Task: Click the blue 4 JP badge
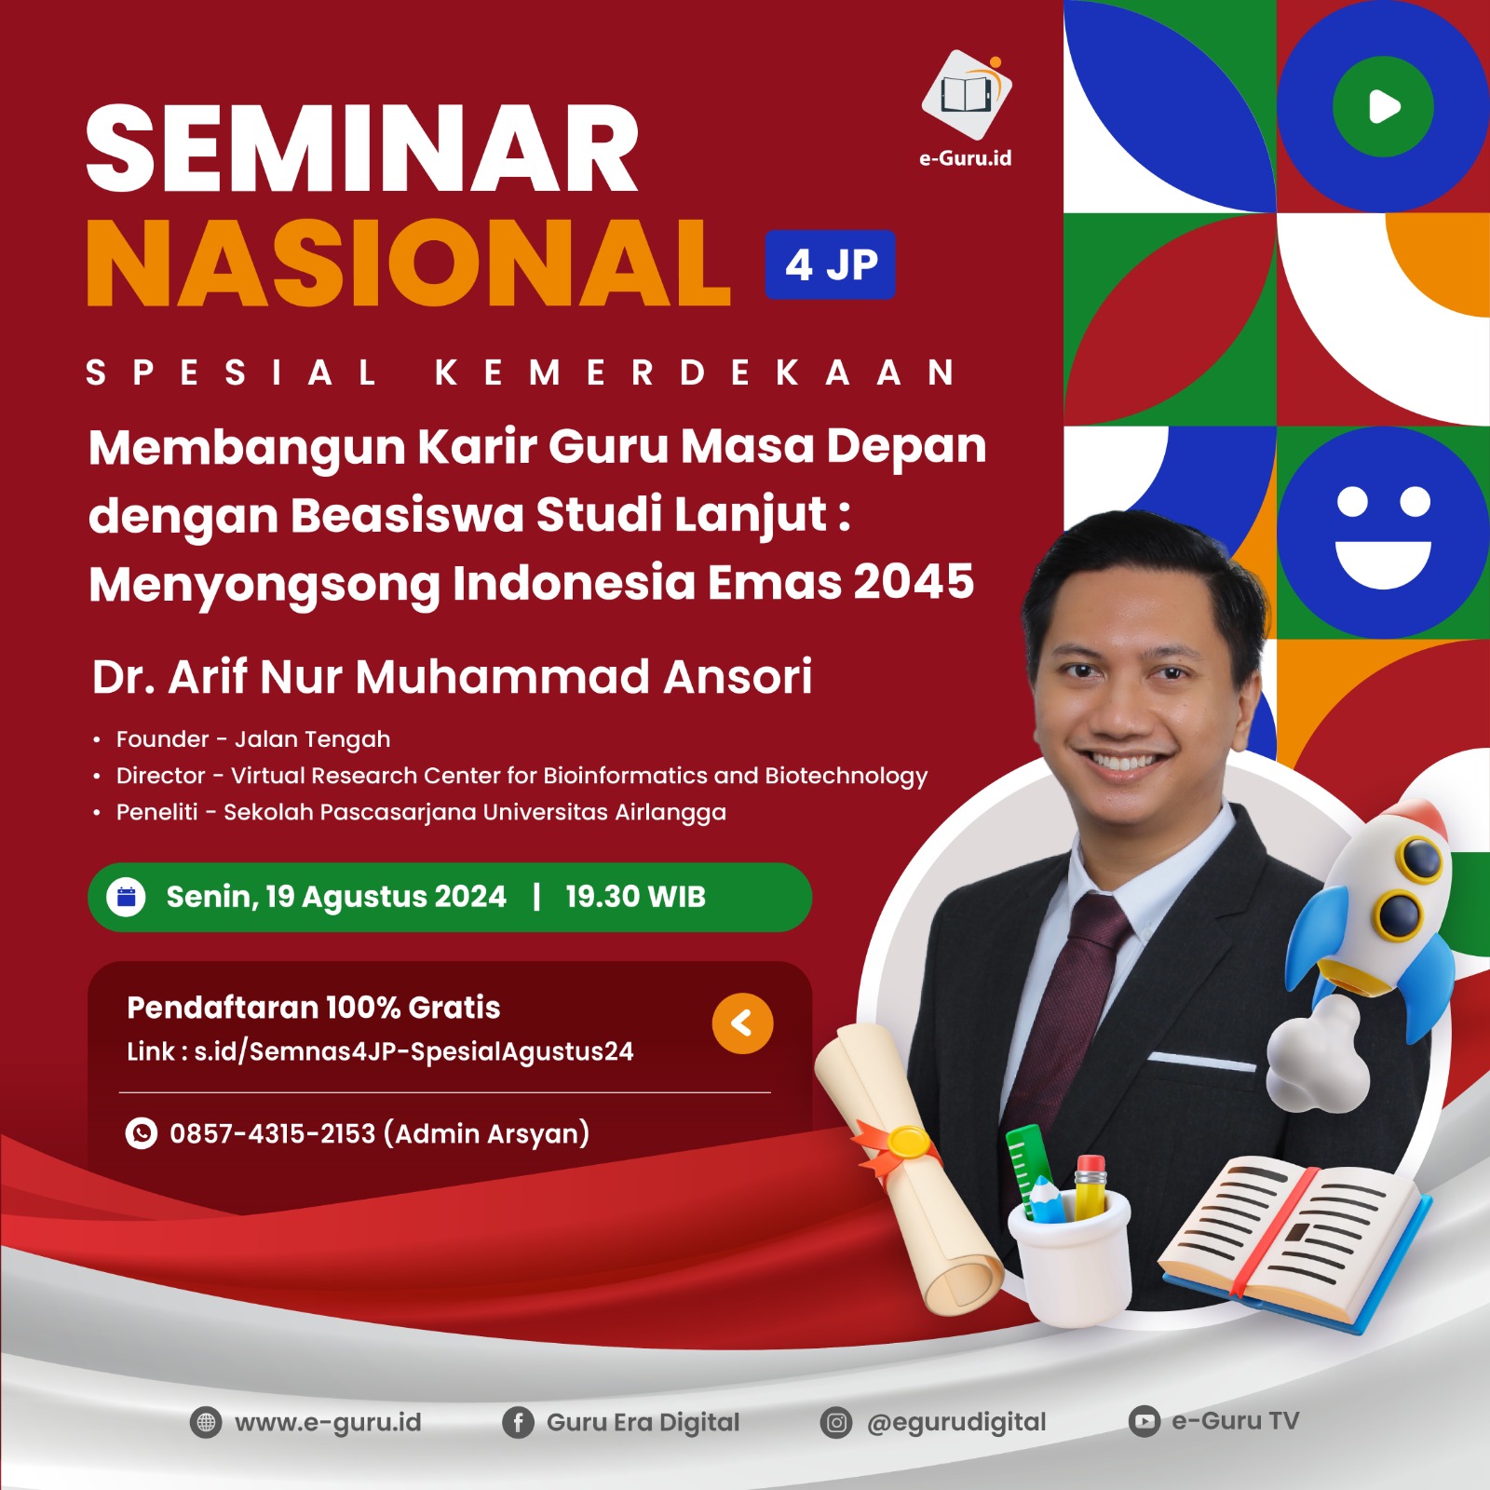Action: pos(830,264)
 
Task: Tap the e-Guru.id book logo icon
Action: pos(966,94)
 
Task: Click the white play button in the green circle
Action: pos(1384,106)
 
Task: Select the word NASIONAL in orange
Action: pos(408,264)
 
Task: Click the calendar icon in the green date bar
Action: pos(127,897)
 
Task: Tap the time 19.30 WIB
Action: pos(635,897)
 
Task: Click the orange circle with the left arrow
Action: pos(742,1023)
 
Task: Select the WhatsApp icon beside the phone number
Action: pos(142,1133)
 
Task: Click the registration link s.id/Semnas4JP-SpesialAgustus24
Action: pos(413,1051)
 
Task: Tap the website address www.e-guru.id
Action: pos(328,1422)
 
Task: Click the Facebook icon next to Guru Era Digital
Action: pos(518,1422)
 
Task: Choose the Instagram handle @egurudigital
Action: pos(955,1422)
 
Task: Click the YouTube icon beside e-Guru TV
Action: pos(1144,1421)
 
